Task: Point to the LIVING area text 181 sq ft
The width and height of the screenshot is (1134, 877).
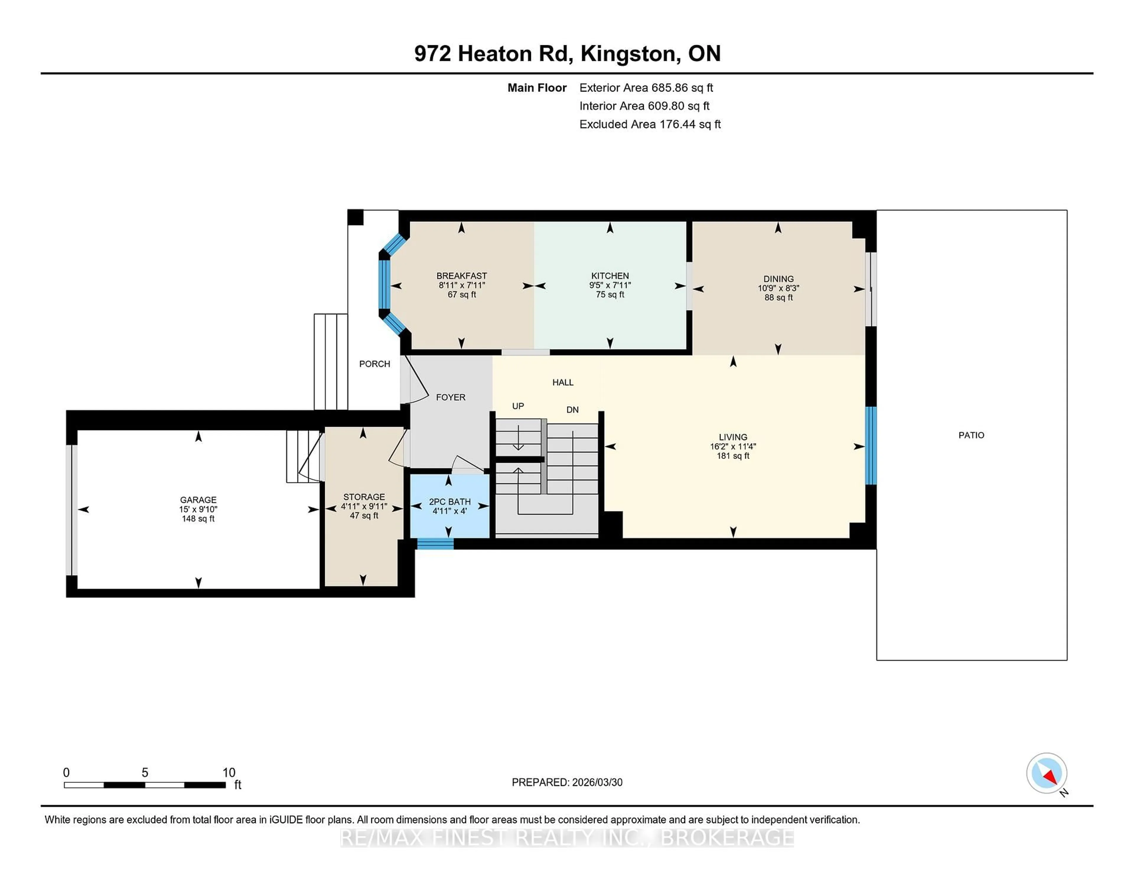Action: [x=733, y=456]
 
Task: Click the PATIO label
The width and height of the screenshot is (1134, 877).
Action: [x=971, y=435]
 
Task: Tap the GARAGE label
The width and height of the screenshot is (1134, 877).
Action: [x=198, y=500]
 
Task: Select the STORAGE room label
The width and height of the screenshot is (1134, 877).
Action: [x=364, y=497]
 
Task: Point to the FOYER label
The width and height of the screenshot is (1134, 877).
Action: [x=450, y=397]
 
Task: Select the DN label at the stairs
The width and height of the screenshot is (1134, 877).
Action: [x=572, y=410]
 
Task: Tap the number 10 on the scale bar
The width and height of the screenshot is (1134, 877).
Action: [x=229, y=773]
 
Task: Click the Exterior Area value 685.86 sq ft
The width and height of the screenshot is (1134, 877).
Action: [x=682, y=88]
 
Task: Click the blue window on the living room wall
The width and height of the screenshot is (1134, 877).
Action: [x=871, y=446]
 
